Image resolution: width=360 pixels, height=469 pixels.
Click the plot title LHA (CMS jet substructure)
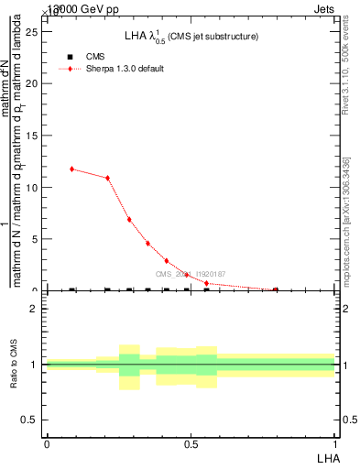(191, 37)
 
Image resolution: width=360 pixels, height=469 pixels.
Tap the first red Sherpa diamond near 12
(71, 169)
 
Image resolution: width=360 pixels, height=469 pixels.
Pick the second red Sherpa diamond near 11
(108, 178)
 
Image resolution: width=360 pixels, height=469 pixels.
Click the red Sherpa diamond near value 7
(129, 220)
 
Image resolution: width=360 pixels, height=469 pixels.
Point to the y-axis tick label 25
(34, 31)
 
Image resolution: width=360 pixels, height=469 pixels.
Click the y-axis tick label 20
(34, 83)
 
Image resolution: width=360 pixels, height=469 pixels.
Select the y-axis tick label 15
(34, 136)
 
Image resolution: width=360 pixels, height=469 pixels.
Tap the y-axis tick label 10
(34, 188)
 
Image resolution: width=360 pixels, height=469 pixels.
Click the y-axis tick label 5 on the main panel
(37, 239)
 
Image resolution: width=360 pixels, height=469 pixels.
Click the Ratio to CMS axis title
(14, 364)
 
